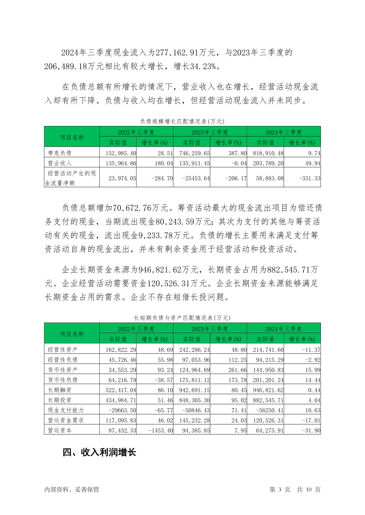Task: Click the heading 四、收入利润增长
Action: pos(99,452)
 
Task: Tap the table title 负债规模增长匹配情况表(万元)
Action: pos(182,121)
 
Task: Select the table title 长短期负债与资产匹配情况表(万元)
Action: pos(182,318)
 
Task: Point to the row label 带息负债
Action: pos(60,153)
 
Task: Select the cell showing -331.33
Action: pos(310,178)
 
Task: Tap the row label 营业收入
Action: pos(60,163)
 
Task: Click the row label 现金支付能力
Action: pos(66,410)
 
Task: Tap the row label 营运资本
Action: pos(60,430)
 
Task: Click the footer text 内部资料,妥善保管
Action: pos(72,490)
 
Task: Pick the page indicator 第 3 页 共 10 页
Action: pos(295,490)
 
